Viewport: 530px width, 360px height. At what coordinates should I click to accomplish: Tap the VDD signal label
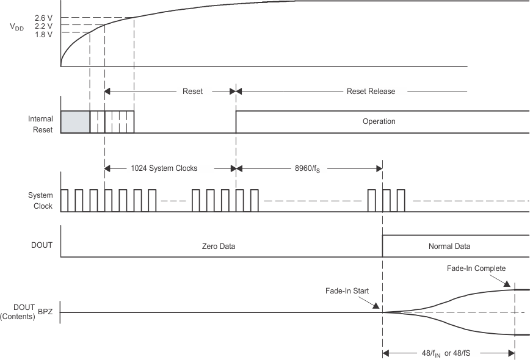16,27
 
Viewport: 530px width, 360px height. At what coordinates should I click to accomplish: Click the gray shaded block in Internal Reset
75,122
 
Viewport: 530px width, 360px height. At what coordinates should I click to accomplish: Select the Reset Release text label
371,92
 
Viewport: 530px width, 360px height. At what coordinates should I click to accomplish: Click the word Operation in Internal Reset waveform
379,121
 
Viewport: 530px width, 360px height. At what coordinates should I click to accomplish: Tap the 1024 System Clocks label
164,168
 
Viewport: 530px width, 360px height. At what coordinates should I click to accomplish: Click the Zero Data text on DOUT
219,247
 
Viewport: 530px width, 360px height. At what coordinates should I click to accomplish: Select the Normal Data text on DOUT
449,247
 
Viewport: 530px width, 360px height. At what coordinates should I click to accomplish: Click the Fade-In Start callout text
346,291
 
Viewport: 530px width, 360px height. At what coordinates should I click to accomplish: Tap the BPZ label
46,312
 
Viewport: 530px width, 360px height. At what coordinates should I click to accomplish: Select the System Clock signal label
41,201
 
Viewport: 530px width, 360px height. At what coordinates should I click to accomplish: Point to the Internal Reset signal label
40,124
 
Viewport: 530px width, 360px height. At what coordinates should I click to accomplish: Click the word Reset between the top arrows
193,92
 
